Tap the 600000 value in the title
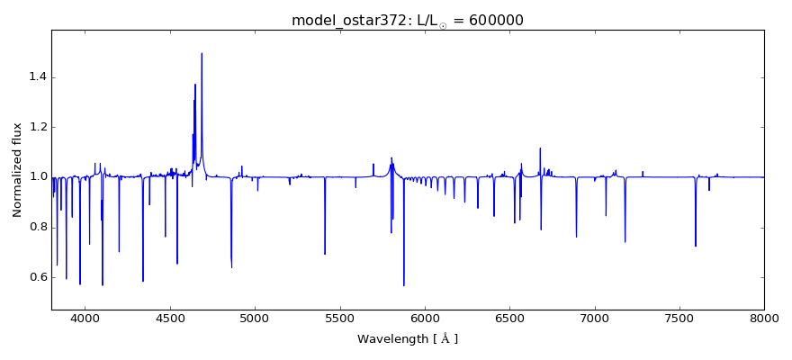494,21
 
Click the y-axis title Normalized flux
17,170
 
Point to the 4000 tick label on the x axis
85,319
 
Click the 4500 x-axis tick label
170,319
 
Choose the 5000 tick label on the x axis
255,319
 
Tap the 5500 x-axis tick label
339,319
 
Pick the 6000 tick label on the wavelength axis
425,319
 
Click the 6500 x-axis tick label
509,319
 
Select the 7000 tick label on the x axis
594,319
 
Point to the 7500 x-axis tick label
679,319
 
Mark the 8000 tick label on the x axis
764,319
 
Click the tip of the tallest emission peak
202,53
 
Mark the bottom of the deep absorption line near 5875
403,285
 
